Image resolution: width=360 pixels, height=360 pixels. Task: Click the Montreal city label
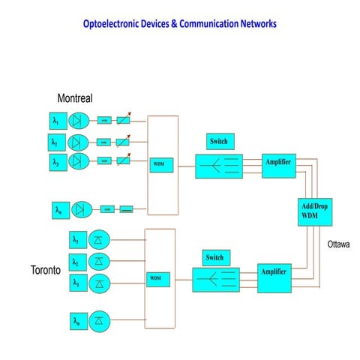coord(75,99)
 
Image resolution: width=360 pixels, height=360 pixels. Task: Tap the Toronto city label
coord(46,269)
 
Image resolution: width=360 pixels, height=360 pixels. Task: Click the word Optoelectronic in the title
coord(116,24)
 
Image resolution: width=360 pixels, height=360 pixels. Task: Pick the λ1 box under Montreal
coord(55,120)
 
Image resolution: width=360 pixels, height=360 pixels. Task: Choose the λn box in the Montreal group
coord(58,211)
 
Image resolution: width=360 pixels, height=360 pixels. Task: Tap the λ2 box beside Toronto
coord(76,262)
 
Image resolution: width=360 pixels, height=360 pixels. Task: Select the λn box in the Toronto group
coord(76,322)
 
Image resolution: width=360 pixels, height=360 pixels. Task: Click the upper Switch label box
coord(220,142)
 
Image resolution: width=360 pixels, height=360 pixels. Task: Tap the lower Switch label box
coord(214,258)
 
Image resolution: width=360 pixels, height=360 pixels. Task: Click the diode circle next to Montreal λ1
coord(79,120)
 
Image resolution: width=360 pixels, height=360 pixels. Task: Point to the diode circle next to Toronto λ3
coord(100,283)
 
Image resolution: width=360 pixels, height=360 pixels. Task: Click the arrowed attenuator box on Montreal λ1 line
coord(123,119)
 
